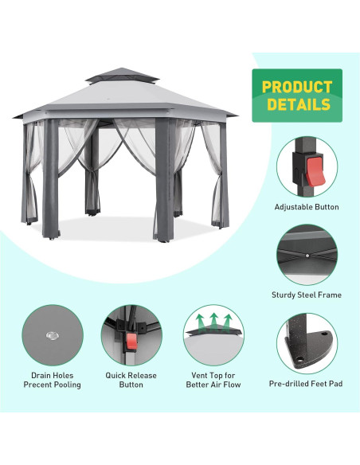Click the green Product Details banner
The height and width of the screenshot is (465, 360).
click(297, 96)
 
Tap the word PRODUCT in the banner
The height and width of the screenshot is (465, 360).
click(297, 87)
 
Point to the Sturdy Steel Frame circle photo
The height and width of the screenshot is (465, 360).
click(307, 256)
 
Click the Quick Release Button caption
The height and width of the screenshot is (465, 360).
click(131, 380)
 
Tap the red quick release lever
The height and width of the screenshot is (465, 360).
click(131, 343)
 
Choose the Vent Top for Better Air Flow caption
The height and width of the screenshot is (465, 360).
click(214, 380)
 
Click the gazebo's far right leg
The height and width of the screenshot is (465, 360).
click(223, 179)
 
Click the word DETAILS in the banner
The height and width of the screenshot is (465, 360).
click(298, 104)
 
